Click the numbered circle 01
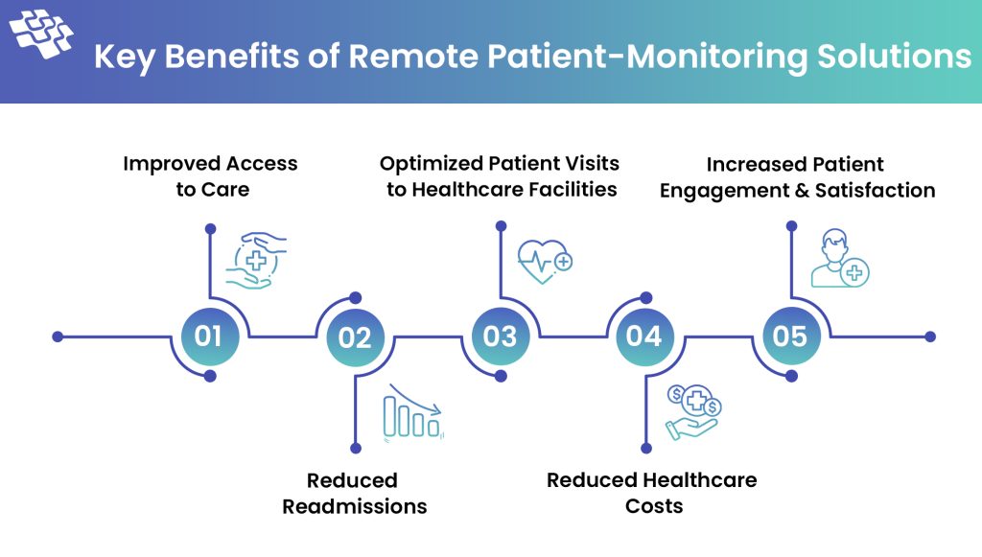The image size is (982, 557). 209,337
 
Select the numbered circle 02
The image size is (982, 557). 355,337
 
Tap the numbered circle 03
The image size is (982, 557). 500,337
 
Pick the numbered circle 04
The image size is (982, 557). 644,337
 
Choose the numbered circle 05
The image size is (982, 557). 790,337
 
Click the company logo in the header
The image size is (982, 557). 41,35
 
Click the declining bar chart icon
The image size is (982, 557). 413,414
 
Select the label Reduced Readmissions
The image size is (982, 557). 354,493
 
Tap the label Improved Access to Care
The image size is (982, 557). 211,175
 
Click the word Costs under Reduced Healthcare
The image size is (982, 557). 654,505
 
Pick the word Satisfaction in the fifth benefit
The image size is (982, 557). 875,190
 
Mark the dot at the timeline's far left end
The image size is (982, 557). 58,337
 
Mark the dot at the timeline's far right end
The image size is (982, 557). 929,337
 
